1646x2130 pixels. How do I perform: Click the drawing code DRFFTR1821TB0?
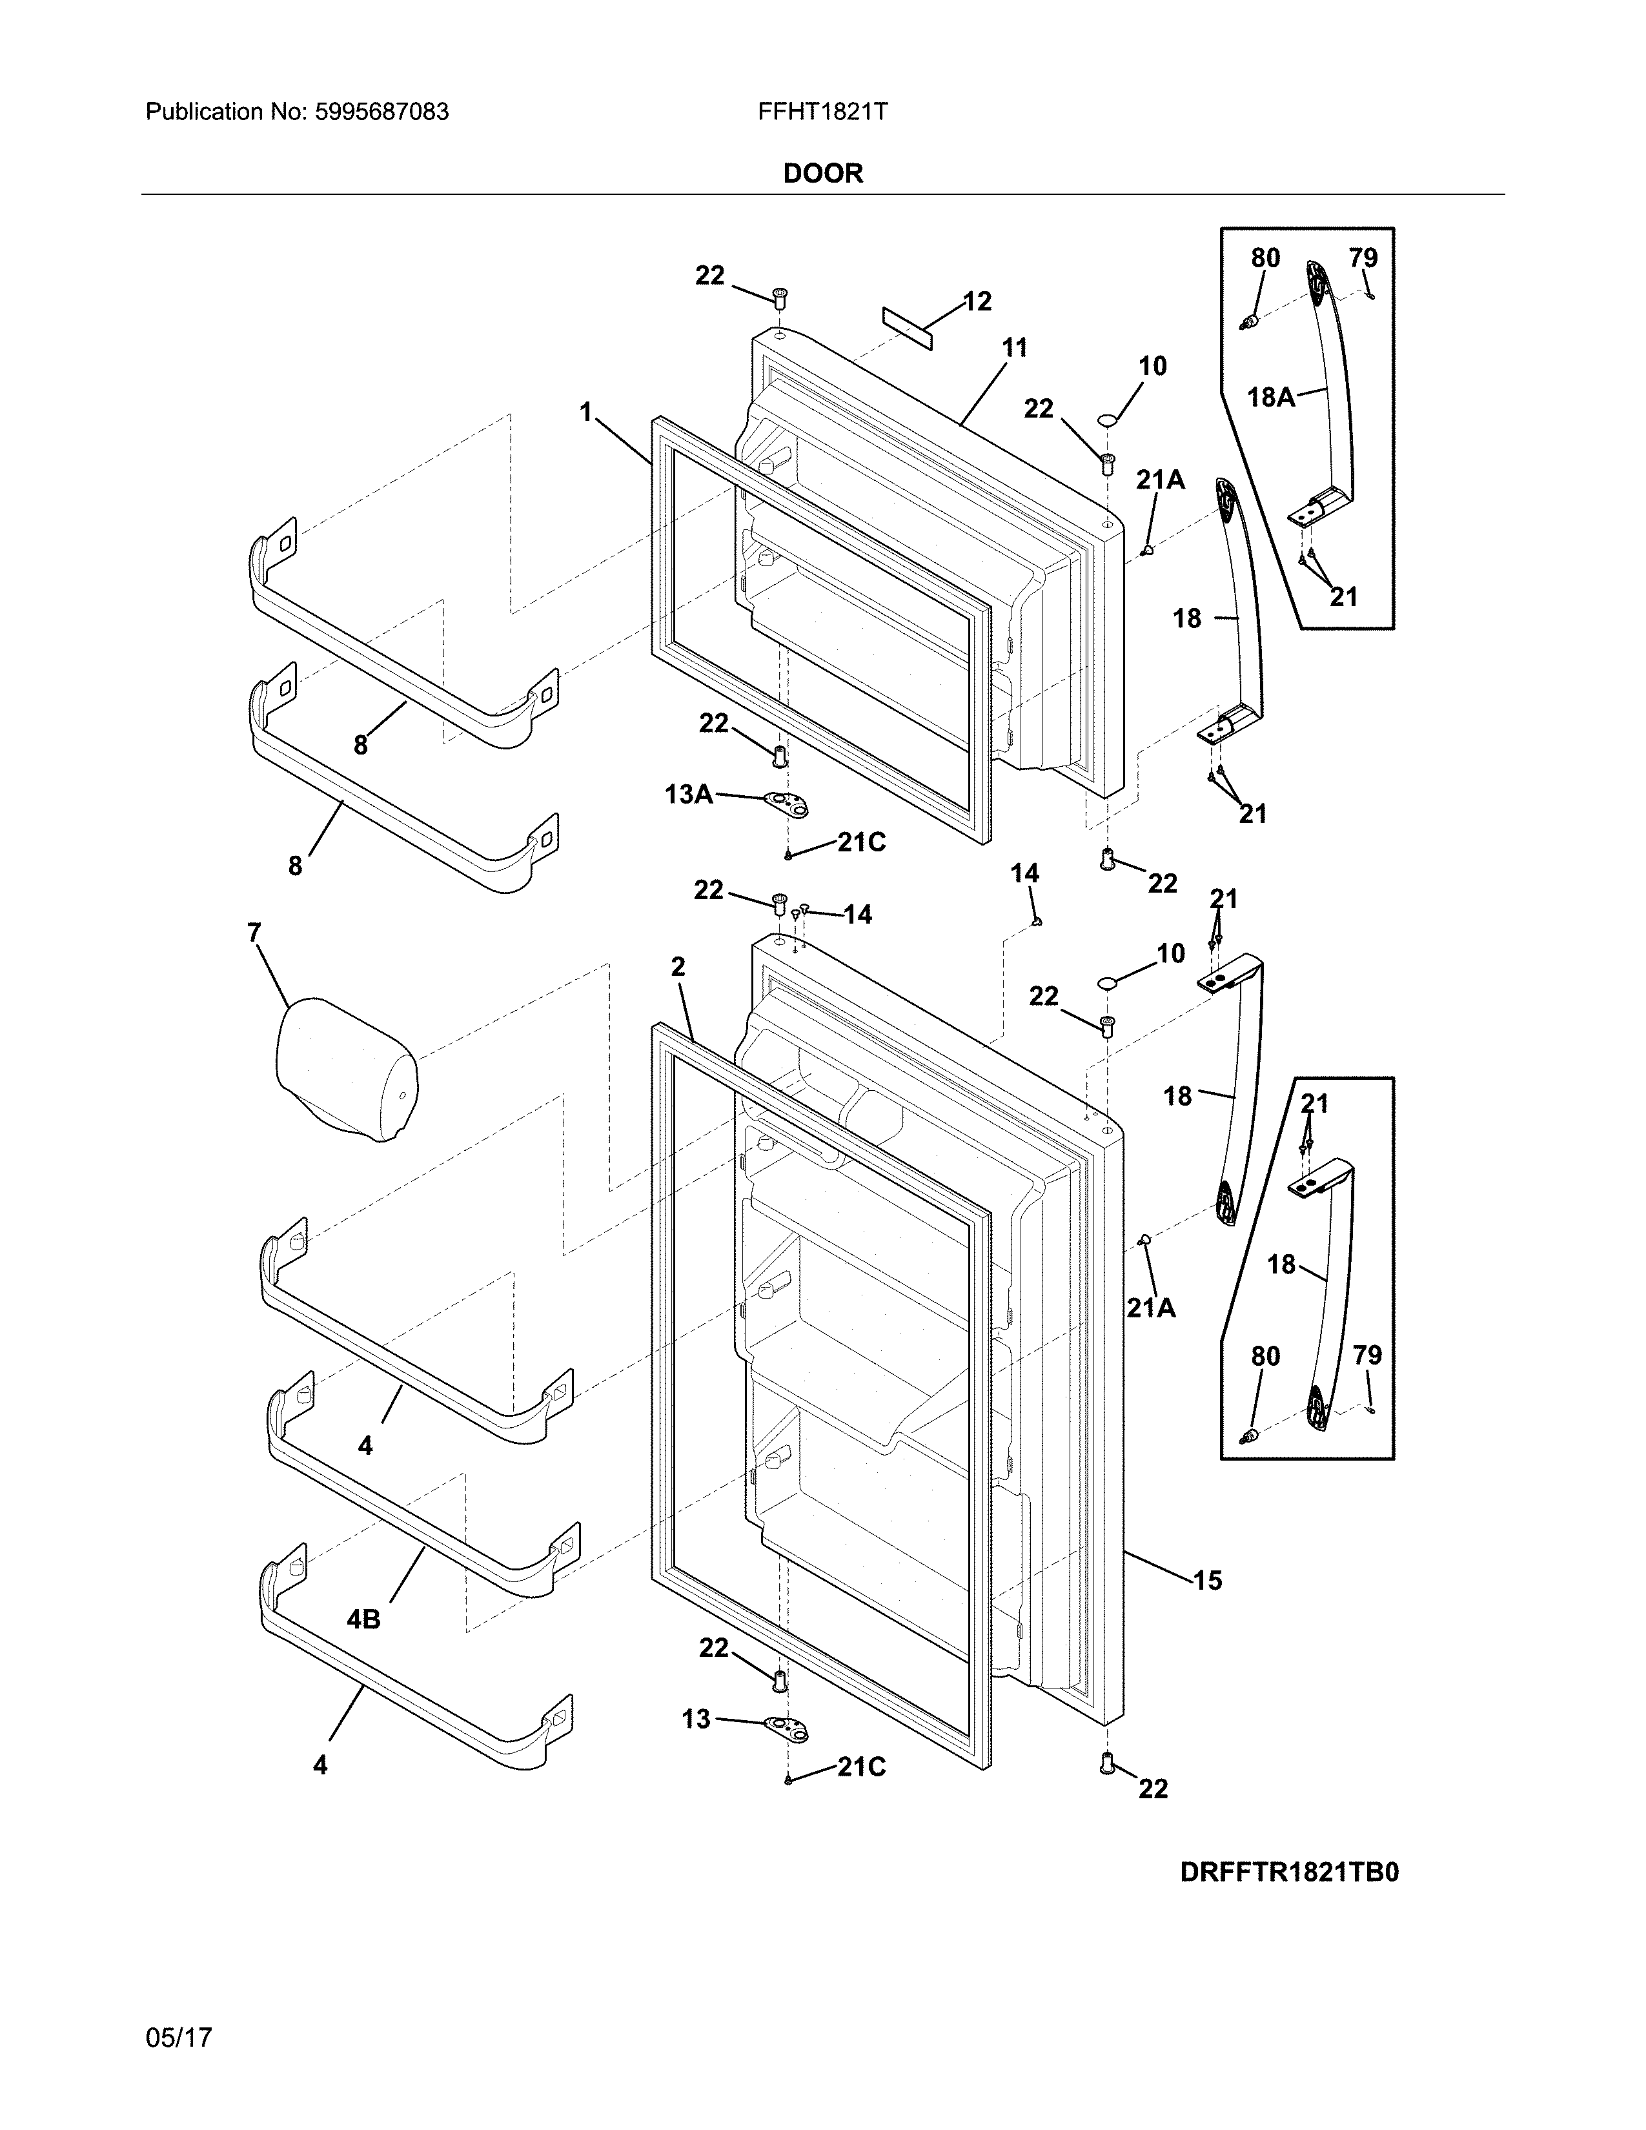click(x=1289, y=1872)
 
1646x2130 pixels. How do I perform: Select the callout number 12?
click(x=977, y=301)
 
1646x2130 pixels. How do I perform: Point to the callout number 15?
click(x=1207, y=1580)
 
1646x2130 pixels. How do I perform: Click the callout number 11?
click(x=1014, y=348)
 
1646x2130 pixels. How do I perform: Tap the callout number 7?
click(x=254, y=933)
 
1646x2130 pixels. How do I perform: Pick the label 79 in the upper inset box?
click(x=1363, y=258)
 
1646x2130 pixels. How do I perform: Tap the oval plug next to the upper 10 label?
click(x=1107, y=420)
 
